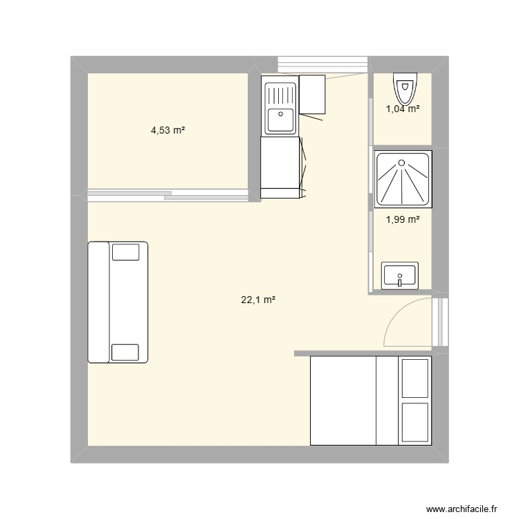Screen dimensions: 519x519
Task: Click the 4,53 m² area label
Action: [x=167, y=129]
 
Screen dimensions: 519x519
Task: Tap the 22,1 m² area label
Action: [x=259, y=300]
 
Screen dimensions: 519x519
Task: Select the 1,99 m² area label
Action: [x=403, y=219]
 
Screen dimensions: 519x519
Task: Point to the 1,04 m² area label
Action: [x=403, y=108]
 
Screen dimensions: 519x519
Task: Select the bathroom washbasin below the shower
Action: [x=399, y=275]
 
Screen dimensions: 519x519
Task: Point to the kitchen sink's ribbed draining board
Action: [x=280, y=91]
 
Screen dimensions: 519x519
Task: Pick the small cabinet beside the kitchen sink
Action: [x=312, y=94]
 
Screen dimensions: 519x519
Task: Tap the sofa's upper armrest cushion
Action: [x=125, y=251]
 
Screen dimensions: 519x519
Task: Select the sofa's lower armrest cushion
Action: [x=125, y=352]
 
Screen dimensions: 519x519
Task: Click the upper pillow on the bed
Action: [x=415, y=378]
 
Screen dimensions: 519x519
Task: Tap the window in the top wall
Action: [x=322, y=64]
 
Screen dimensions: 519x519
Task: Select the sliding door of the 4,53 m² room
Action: [x=167, y=195]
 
